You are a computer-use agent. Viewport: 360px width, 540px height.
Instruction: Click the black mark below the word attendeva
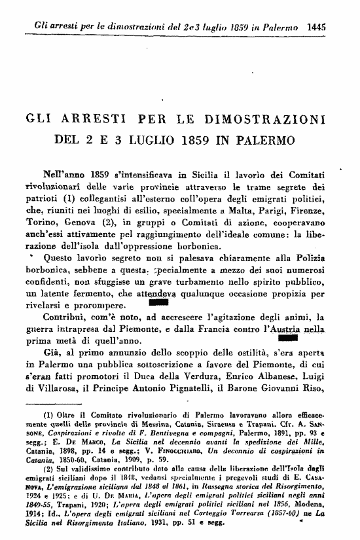click(158, 303)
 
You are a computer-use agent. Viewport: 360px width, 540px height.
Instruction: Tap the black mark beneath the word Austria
click(287, 339)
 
